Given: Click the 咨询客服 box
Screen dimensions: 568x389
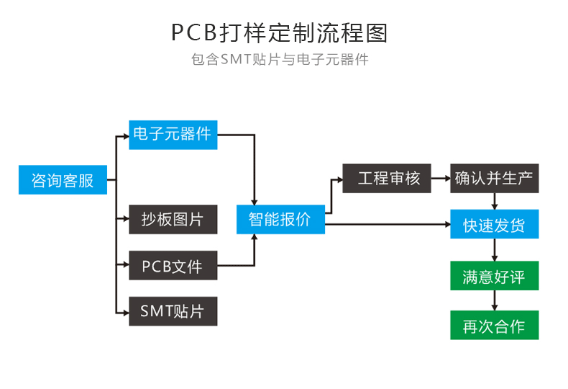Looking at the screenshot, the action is pos(63,179).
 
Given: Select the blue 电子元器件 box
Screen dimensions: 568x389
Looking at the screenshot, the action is pos(173,135).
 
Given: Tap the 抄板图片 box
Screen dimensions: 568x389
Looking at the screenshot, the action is pos(173,219).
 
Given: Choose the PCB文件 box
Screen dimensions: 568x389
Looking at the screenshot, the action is pos(173,265).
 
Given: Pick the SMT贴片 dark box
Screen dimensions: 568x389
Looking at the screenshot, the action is pos(173,311).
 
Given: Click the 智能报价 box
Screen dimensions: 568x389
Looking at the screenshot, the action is pos(280,219).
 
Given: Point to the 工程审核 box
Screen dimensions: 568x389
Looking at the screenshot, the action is pos(387,178).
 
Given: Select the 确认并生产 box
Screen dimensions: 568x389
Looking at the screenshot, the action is pos(495,178).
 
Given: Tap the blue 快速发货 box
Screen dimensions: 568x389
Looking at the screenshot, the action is pos(495,224).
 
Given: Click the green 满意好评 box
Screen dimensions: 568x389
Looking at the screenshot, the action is pos(495,275).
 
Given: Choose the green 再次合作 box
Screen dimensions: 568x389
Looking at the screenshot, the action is pos(495,325).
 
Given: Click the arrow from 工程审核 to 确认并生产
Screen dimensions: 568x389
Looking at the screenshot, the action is pos(441,178).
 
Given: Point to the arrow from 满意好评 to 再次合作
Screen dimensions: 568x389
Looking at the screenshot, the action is pos(495,300).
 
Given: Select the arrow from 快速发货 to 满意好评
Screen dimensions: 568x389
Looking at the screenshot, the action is pos(495,250).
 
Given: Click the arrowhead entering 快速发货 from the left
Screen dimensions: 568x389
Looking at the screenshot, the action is pos(448,224).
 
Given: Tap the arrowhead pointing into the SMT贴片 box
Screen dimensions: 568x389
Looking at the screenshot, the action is pos(127,313).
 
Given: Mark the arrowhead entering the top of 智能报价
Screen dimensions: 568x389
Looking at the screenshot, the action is pos(255,202).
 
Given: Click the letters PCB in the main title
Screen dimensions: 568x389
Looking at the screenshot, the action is pos(194,32).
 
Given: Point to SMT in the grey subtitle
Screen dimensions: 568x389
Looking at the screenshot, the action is pos(235,59).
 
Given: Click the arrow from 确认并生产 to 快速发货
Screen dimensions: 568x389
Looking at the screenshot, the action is pos(495,201).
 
